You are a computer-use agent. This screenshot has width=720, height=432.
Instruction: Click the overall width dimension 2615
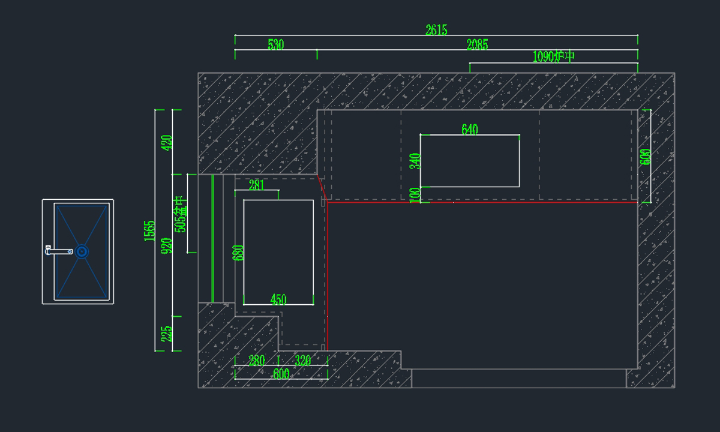click(436, 30)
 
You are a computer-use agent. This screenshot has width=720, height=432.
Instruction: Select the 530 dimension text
click(275, 44)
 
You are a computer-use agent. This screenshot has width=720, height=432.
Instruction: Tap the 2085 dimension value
click(477, 44)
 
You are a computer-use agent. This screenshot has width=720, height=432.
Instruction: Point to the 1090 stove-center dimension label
click(553, 57)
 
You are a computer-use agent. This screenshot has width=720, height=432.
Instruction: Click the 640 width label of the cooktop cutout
click(470, 130)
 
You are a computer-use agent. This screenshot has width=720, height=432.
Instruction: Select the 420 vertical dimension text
click(167, 142)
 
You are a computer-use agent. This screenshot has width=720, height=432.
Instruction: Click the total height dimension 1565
click(150, 231)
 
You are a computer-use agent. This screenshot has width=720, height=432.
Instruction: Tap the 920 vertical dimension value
click(167, 245)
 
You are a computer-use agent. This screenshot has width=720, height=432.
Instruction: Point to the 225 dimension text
click(167, 334)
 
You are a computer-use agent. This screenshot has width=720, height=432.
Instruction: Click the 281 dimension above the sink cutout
click(256, 185)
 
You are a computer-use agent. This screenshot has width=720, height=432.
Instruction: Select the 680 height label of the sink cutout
click(239, 253)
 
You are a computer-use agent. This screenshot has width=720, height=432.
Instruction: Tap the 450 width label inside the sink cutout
click(278, 299)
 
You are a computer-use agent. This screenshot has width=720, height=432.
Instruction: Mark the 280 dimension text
click(256, 361)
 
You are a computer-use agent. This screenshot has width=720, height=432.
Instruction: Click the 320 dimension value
click(303, 361)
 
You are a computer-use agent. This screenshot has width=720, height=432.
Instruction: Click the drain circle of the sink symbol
click(82, 251)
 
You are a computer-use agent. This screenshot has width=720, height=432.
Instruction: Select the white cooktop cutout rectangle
click(470, 161)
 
